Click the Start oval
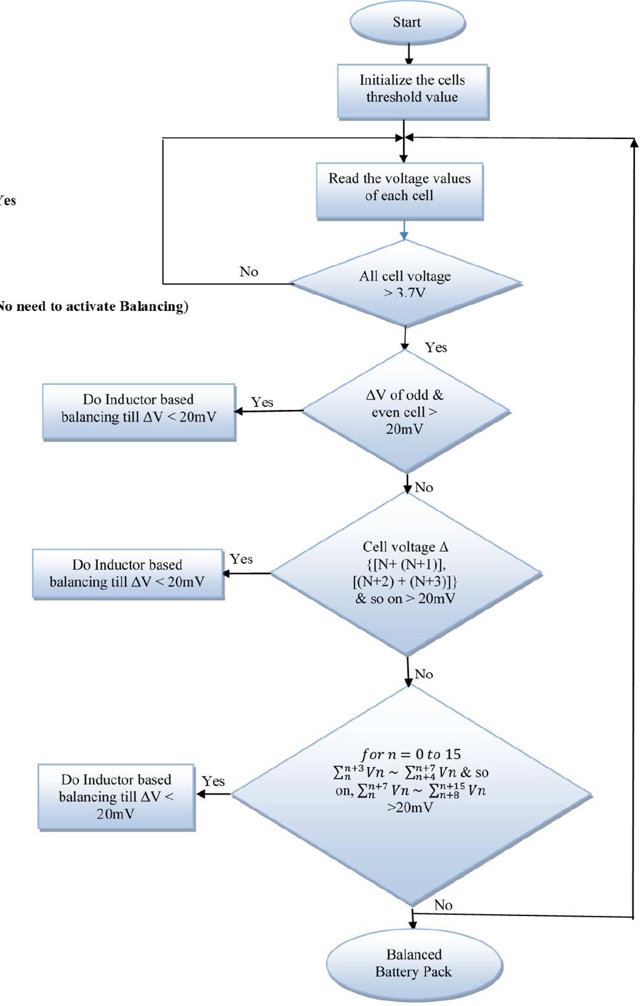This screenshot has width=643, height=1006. [x=407, y=22]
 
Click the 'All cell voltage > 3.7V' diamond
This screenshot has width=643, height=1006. [x=405, y=283]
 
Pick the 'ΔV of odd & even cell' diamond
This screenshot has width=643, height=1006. [x=405, y=412]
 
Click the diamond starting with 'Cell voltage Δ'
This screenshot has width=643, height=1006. [x=405, y=573]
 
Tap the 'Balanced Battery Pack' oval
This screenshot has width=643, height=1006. [x=414, y=963]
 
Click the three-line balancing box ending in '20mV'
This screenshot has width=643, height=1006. [x=116, y=796]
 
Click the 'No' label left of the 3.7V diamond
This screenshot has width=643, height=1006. [x=249, y=272]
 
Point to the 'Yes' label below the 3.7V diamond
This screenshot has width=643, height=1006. [x=436, y=347]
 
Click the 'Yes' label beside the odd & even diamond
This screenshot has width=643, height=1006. [x=262, y=402]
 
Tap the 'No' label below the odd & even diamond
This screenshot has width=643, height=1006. [x=424, y=487]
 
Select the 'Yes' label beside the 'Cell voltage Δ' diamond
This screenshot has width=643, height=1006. [x=241, y=559]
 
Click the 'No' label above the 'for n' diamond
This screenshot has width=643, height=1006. [x=424, y=674]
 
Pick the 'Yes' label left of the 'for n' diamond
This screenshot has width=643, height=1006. [x=213, y=781]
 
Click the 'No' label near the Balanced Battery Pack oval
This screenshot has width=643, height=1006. [x=443, y=905]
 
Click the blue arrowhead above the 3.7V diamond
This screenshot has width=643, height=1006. [x=404, y=236]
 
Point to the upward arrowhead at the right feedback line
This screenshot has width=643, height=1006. [x=634, y=143]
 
